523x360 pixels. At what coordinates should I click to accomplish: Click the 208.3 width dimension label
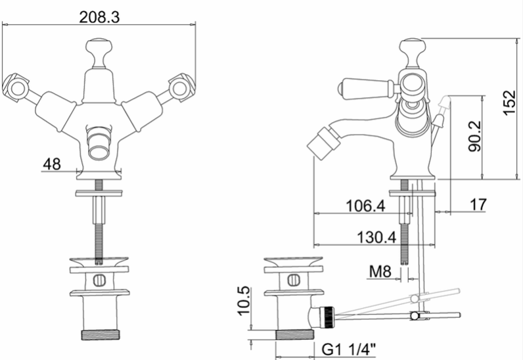click(99, 17)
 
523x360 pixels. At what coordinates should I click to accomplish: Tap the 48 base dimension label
click(52, 164)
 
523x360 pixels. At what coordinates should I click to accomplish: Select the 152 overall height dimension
click(510, 102)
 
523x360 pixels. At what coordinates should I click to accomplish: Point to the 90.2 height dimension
click(475, 136)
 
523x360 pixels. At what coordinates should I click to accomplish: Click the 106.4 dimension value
click(365, 206)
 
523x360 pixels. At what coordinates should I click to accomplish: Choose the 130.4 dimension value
click(376, 238)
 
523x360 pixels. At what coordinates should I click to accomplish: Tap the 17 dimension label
click(478, 204)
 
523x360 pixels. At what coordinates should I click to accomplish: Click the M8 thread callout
click(380, 271)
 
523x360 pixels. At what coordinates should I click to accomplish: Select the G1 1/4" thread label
click(349, 349)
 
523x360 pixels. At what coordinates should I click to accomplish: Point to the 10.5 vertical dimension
click(244, 300)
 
